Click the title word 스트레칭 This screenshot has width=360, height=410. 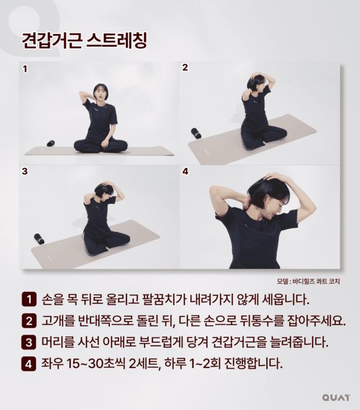tap(117, 40)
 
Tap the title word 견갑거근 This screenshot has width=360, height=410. tap(52, 40)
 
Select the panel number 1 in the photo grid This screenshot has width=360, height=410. tap(25, 70)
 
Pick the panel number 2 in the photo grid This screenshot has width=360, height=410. tap(185, 68)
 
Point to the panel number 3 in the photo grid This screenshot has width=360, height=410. tap(25, 171)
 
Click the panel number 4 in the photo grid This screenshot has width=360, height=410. tap(185, 171)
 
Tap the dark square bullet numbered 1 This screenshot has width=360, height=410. tap(29, 299)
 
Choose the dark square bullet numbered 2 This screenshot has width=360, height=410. tap(29, 321)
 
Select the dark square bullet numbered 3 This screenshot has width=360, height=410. tap(29, 342)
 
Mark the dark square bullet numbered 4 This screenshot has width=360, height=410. tap(29, 364)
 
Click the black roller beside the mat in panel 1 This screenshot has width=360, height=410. tap(51, 143)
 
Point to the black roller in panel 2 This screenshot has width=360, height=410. tap(196, 133)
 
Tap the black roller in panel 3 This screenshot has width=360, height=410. tap(39, 239)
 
